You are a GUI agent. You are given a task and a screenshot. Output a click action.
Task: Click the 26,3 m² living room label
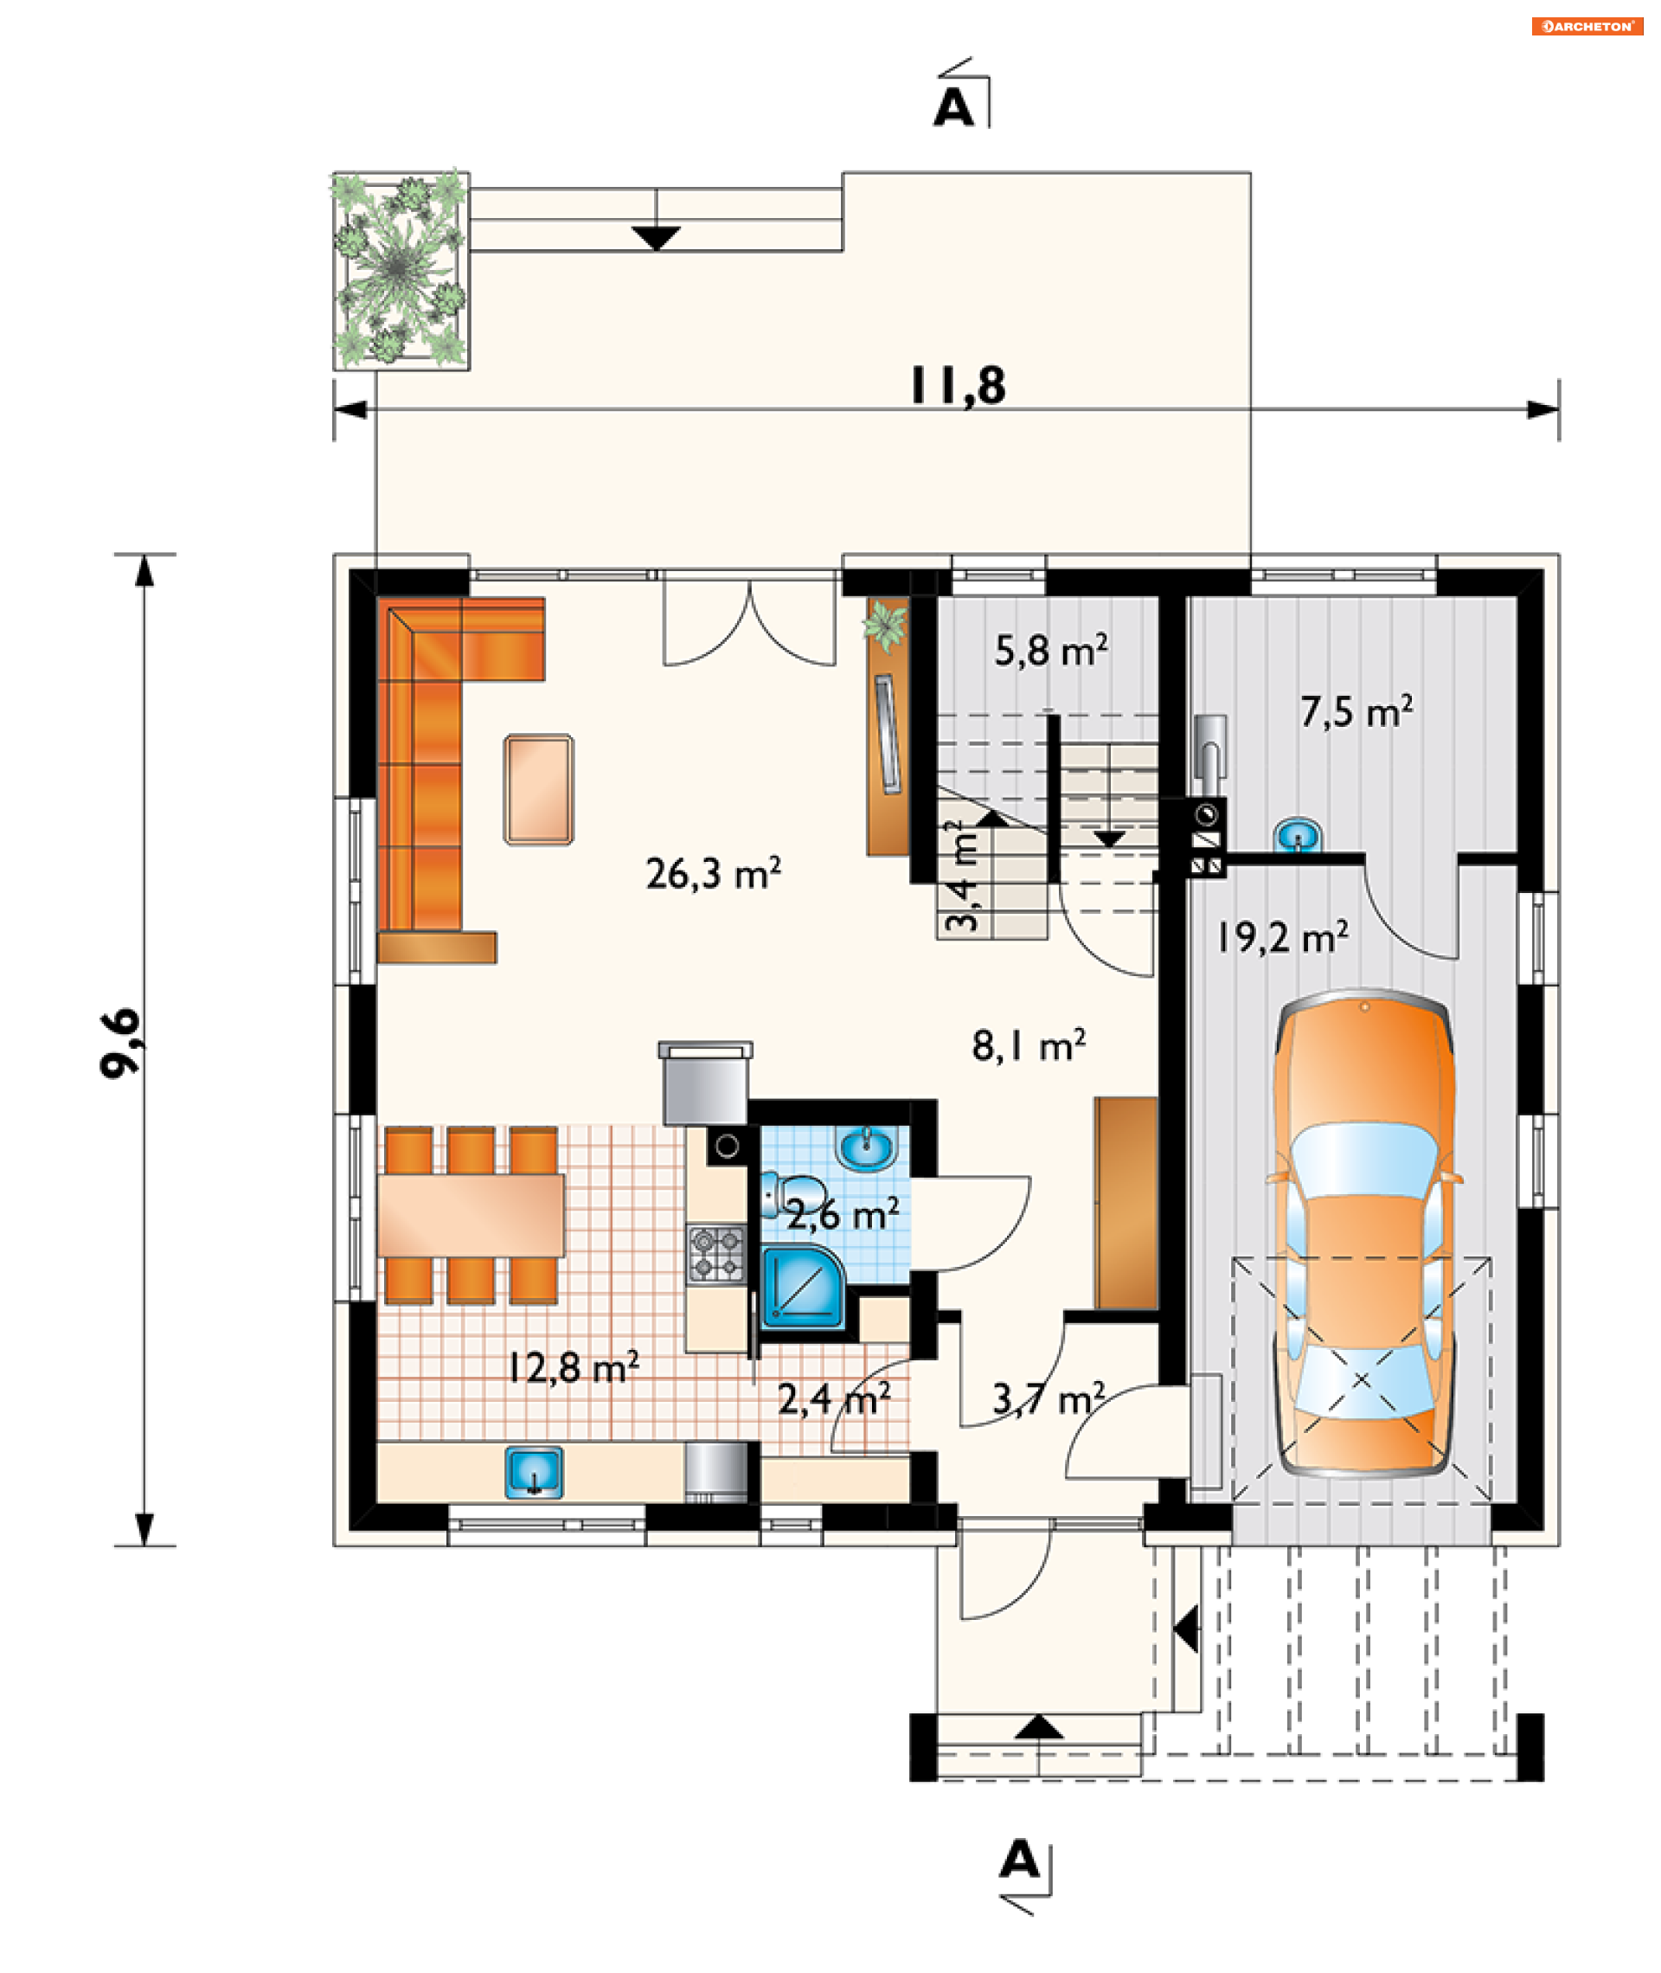tap(713, 873)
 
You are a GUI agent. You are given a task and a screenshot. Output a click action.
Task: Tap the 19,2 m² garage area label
tap(1282, 937)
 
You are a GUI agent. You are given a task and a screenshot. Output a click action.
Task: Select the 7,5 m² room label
tap(1356, 711)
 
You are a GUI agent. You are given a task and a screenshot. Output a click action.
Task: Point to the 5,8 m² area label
tap(1051, 650)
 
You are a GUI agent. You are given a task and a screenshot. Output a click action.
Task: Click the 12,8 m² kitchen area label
tap(574, 1366)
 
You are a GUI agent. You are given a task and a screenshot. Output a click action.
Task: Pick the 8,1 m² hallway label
tap(1029, 1045)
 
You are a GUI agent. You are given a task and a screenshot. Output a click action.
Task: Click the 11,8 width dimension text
tap(958, 385)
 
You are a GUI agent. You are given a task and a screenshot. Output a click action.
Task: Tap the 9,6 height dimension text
tap(120, 1044)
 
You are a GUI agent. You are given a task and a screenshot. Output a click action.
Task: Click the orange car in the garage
tap(1363, 1234)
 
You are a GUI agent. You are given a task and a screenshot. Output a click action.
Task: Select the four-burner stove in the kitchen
tap(715, 1254)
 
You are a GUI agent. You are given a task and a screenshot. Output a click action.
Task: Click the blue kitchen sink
tap(534, 1473)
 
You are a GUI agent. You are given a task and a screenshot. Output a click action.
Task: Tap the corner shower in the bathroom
tap(802, 1287)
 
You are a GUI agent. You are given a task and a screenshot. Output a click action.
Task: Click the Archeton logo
tap(1587, 26)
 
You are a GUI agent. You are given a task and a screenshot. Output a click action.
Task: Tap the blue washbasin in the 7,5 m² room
tap(1298, 834)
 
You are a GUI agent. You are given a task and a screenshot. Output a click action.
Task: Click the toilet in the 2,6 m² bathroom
tap(789, 1194)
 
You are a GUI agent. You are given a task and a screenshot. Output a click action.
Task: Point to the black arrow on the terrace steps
tap(657, 238)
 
